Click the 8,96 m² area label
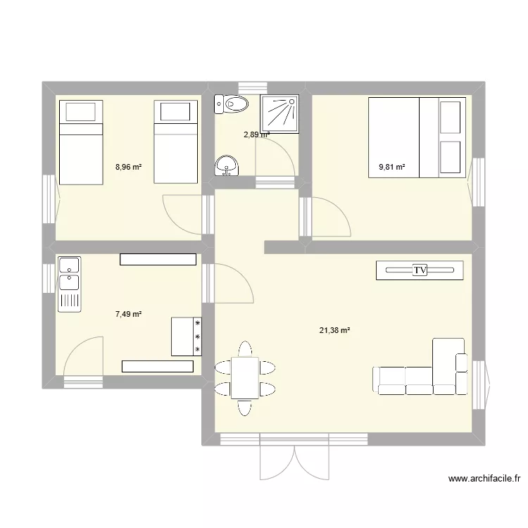coord(129,167)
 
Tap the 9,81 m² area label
coord(392,167)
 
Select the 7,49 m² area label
coord(129,315)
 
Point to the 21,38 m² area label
coord(335,329)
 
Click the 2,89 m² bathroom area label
coord(256,134)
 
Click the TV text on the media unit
coord(420,270)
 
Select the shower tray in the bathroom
coord(281,113)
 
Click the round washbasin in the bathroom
coord(227,165)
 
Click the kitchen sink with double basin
coord(69,274)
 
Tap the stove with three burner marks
coord(187,337)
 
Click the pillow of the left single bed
coord(80,111)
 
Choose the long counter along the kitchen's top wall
coord(157,259)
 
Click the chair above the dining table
coord(244,349)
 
